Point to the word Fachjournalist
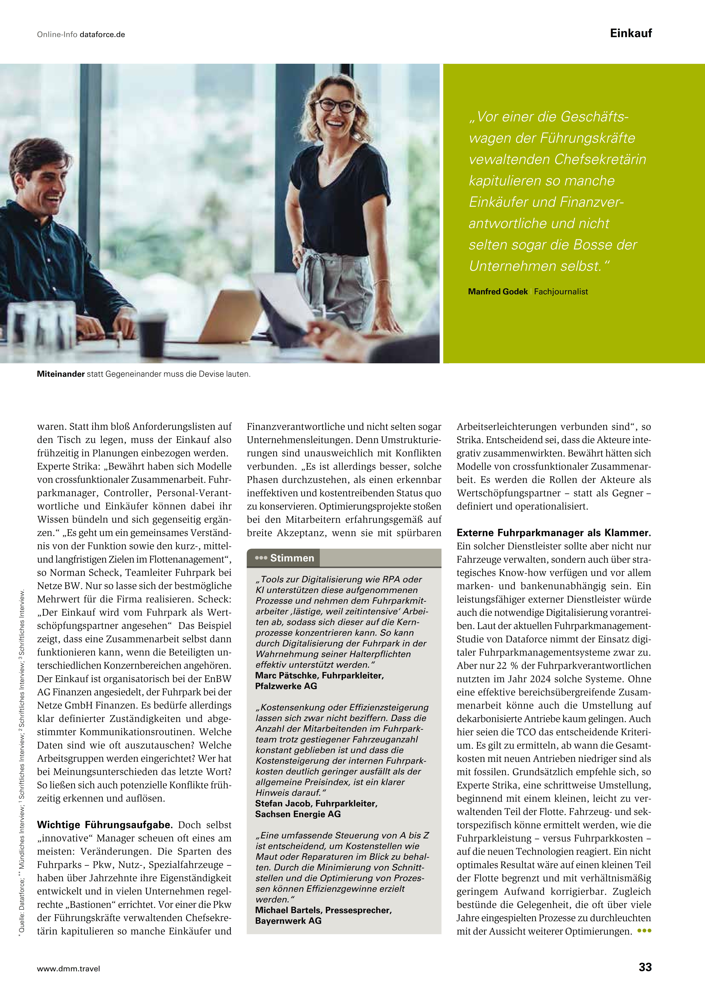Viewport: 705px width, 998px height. [x=561, y=292]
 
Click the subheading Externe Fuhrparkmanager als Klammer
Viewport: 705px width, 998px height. [x=553, y=533]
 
